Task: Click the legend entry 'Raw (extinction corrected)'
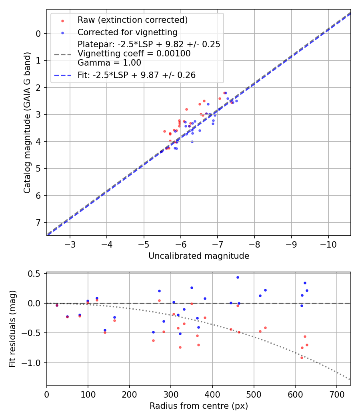click(132, 20)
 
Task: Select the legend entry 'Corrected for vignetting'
click(127, 32)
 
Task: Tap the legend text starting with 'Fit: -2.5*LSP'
click(136, 75)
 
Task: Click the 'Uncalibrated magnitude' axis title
click(199, 256)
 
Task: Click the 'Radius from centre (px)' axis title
click(199, 406)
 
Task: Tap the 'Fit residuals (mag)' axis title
click(13, 329)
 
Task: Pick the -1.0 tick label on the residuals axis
click(32, 363)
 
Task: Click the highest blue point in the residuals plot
click(238, 277)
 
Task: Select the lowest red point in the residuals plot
click(302, 358)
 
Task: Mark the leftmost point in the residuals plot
click(57, 305)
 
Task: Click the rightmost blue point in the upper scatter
click(236, 101)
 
